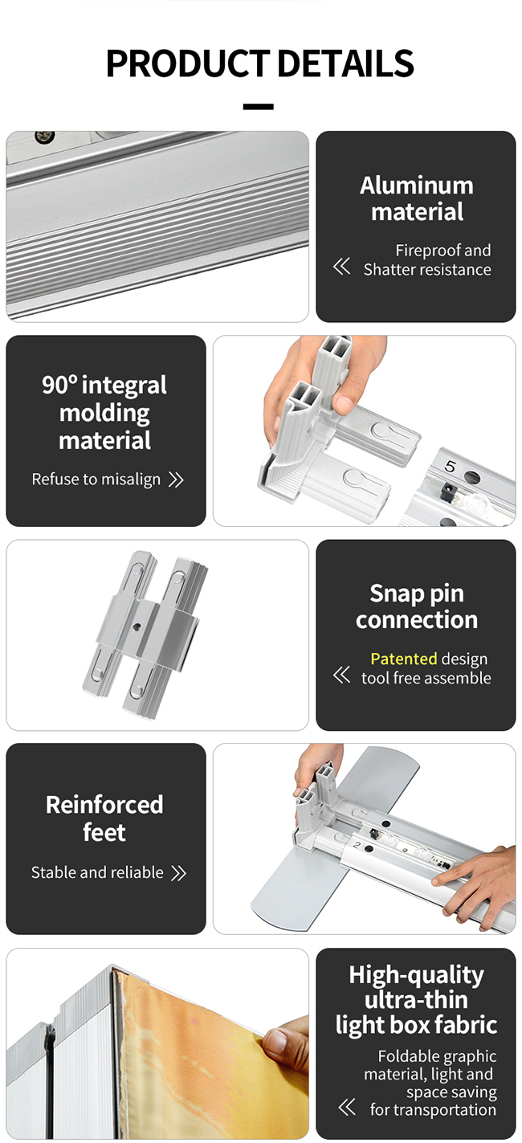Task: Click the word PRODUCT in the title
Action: pos(188,63)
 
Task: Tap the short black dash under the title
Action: pos(259,107)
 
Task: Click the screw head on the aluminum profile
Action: pos(44,136)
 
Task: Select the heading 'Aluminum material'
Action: pos(417,198)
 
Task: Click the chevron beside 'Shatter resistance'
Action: pos(341,266)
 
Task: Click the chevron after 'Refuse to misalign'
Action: pos(176,480)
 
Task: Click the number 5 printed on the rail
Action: pos(450,465)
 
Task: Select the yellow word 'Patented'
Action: pos(404,659)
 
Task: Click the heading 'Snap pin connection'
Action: pos(417,606)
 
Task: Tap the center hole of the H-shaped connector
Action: pos(137,626)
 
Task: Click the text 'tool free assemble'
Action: pos(426,678)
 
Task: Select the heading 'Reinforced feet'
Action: pos(104,818)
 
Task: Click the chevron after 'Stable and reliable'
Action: pos(178,873)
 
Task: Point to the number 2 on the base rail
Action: pos(357,845)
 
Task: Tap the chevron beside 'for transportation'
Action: pos(347,1108)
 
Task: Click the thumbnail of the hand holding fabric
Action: pos(157,1043)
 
